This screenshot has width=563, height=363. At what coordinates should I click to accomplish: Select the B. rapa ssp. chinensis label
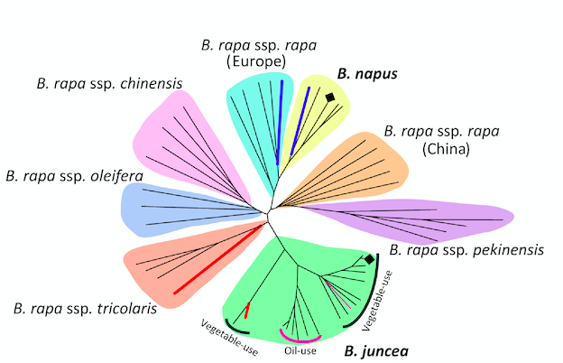point(110,86)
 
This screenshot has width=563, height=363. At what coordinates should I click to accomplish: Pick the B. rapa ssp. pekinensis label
point(466,249)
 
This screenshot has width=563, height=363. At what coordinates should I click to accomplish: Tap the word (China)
point(444,151)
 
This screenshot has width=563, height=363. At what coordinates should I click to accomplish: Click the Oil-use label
point(300,350)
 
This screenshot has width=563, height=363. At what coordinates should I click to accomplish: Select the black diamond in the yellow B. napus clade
point(330,97)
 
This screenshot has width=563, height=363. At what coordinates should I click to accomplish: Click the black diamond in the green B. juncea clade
point(369,260)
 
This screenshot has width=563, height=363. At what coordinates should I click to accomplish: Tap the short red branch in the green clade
point(246,312)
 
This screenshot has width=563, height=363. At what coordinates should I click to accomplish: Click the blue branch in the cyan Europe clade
point(281,111)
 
